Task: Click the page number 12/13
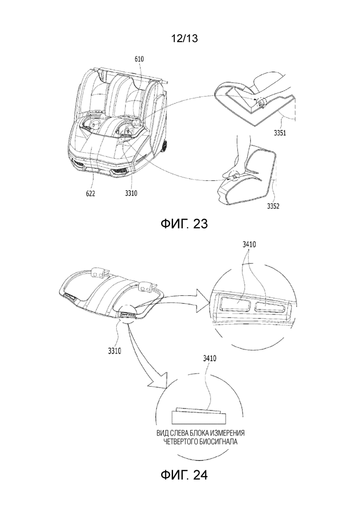point(185,39)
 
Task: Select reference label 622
point(90,193)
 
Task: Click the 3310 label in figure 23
point(131,193)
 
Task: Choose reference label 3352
point(273,206)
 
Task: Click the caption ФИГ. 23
point(184,224)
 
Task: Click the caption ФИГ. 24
point(184,475)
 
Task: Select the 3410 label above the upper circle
point(249,244)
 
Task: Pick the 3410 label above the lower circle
point(210,359)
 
